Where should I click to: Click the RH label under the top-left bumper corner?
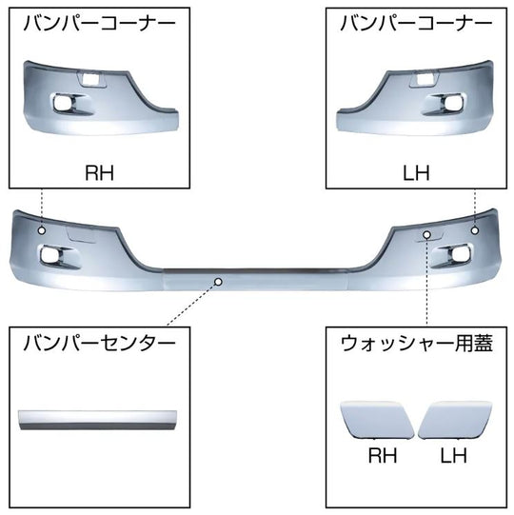(x=100, y=172)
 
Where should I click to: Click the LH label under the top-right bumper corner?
(x=416, y=172)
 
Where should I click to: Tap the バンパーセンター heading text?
(x=100, y=344)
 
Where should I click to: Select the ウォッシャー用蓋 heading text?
(x=417, y=344)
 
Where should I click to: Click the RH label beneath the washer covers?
(x=383, y=455)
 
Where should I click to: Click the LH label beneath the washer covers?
(x=454, y=455)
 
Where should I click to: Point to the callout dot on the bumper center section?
(x=218, y=282)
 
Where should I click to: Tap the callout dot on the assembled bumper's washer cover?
(x=426, y=234)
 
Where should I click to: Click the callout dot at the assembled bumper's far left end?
(x=42, y=230)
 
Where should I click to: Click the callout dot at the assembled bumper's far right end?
(x=475, y=230)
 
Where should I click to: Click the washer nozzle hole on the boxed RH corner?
(x=91, y=79)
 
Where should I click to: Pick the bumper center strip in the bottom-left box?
(x=98, y=420)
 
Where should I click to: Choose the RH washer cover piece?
(x=378, y=420)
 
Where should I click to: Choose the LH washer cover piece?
(x=455, y=420)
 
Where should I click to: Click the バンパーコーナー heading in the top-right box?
(x=417, y=24)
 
